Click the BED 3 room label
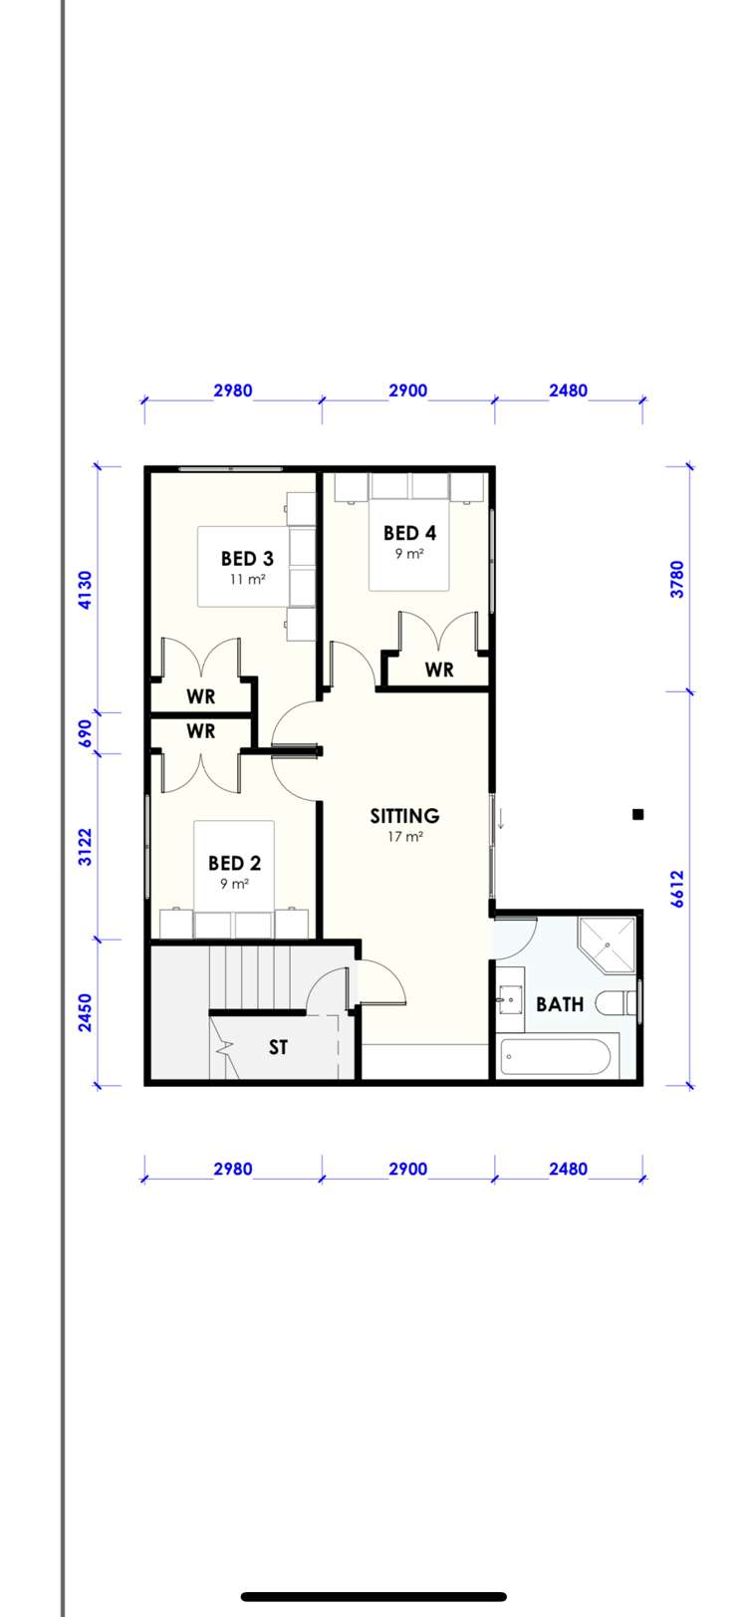click(247, 559)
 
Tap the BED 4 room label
click(409, 533)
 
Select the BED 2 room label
click(234, 863)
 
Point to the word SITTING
click(404, 816)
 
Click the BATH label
click(560, 1004)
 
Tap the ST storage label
click(278, 1047)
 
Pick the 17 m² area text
click(405, 837)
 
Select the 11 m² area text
click(247, 579)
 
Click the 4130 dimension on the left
click(86, 589)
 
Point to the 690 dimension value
click(86, 733)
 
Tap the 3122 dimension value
click(86, 847)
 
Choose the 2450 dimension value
click(86, 1012)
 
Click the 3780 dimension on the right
click(677, 579)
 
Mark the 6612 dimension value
click(677, 889)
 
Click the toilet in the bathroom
click(618, 1002)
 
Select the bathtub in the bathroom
click(556, 1057)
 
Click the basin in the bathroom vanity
click(511, 997)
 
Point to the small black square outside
click(638, 814)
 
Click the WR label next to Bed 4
click(439, 671)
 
